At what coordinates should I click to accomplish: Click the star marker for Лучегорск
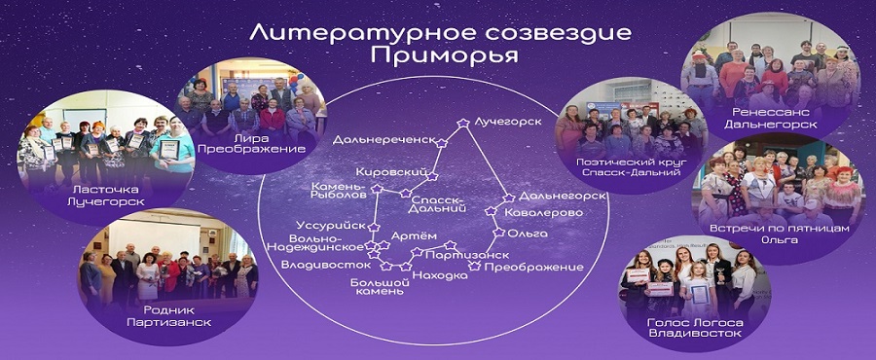coord(462,123)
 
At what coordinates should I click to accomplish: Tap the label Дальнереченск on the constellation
coord(383,139)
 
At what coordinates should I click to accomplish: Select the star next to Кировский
coord(431,176)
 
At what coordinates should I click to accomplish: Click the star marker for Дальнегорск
coord(508,198)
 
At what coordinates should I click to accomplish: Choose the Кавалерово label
coord(543,213)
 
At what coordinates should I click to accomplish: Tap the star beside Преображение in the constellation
coord(475,266)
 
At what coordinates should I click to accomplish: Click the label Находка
coord(440,275)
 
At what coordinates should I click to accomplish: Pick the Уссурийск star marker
coord(375,227)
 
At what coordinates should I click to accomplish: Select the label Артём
coord(406,236)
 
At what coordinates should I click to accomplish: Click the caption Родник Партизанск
coord(168,316)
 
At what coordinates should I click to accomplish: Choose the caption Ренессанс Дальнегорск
coord(771,119)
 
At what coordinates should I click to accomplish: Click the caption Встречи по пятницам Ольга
coord(780,234)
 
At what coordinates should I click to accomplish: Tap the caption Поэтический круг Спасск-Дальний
coord(629,167)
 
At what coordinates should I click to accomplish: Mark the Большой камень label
coord(377,286)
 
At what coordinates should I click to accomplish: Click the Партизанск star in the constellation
coord(451,244)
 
